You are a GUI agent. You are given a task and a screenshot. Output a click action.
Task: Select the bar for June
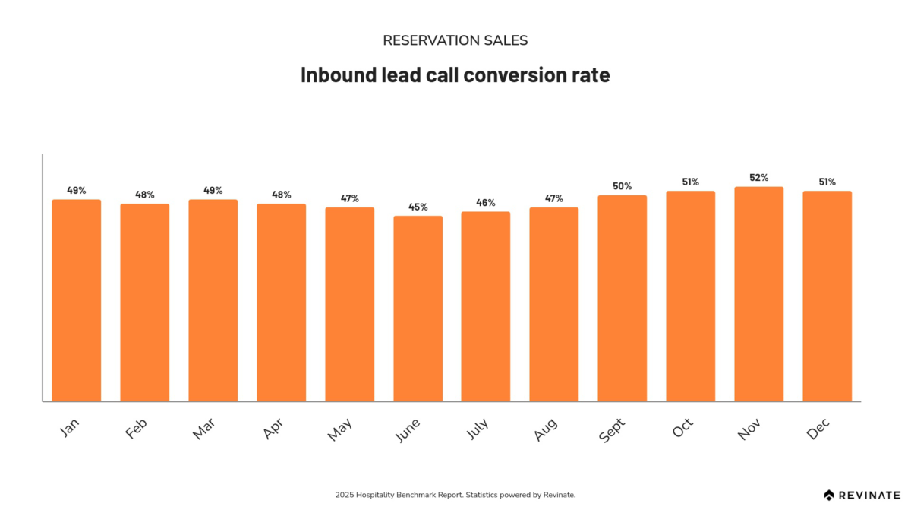[418, 308]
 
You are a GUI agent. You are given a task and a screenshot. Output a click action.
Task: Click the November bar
[758, 293]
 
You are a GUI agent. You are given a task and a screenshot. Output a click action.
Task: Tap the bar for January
[76, 299]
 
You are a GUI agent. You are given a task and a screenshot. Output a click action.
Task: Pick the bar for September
[622, 298]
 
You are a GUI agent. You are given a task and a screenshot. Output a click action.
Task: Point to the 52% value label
[759, 178]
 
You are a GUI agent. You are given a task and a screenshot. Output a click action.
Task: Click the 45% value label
[418, 207]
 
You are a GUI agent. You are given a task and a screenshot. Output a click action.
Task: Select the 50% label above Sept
[623, 186]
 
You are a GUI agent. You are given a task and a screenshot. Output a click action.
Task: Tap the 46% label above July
[486, 203]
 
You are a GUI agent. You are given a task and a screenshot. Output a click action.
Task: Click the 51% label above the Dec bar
[827, 182]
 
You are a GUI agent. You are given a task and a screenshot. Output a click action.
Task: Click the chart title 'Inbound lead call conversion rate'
[455, 75]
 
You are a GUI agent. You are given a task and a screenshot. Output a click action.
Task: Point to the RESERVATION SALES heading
[455, 40]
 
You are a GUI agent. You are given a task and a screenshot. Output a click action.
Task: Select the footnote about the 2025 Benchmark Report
[455, 495]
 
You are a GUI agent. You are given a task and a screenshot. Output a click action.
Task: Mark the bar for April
[281, 302]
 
